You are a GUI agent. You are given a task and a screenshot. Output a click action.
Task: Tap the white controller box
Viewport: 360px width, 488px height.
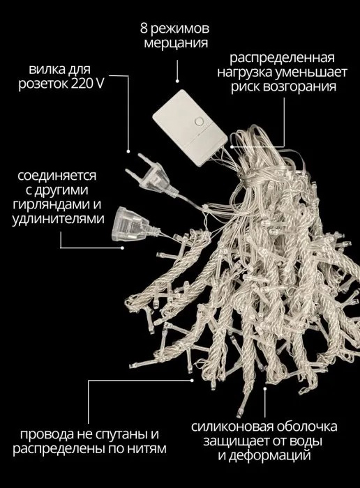190,128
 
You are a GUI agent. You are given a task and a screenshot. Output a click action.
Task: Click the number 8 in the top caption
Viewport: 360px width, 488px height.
144,29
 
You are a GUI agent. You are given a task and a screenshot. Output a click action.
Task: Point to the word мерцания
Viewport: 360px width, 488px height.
176,43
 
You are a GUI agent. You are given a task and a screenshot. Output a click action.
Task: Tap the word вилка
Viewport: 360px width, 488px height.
47,69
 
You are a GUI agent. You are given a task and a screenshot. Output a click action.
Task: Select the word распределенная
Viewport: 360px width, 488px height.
282,58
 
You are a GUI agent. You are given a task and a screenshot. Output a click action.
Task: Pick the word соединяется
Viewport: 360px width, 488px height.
57,176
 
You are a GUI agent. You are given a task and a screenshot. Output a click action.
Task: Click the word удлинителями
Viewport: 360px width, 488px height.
58,219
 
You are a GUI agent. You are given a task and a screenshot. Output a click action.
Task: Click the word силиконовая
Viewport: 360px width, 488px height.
232,427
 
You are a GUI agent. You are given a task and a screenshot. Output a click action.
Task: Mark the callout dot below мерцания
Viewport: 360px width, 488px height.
177,81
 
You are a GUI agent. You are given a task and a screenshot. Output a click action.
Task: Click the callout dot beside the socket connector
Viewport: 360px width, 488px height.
123,247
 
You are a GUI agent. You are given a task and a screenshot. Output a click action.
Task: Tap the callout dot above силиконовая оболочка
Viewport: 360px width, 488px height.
265,388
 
